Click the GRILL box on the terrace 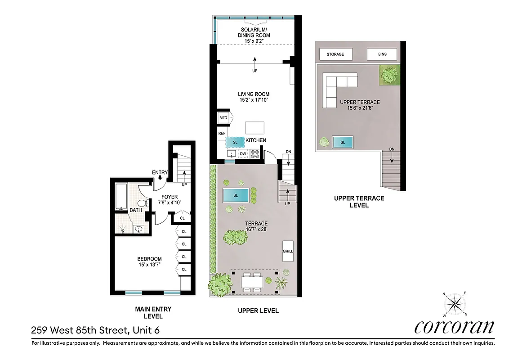click(x=288, y=251)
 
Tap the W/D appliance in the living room click(x=223, y=118)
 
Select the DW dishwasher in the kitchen click(x=243, y=154)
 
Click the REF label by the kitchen click(x=222, y=134)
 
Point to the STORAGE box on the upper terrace click(x=335, y=54)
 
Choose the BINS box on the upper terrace click(x=382, y=54)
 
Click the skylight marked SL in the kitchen click(x=235, y=142)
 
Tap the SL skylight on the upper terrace click(x=343, y=142)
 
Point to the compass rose click(x=455, y=304)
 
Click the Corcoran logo click(x=454, y=327)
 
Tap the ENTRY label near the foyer click(x=160, y=173)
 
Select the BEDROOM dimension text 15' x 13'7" click(x=149, y=265)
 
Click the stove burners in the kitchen click(x=255, y=154)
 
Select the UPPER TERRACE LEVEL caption click(x=358, y=202)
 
